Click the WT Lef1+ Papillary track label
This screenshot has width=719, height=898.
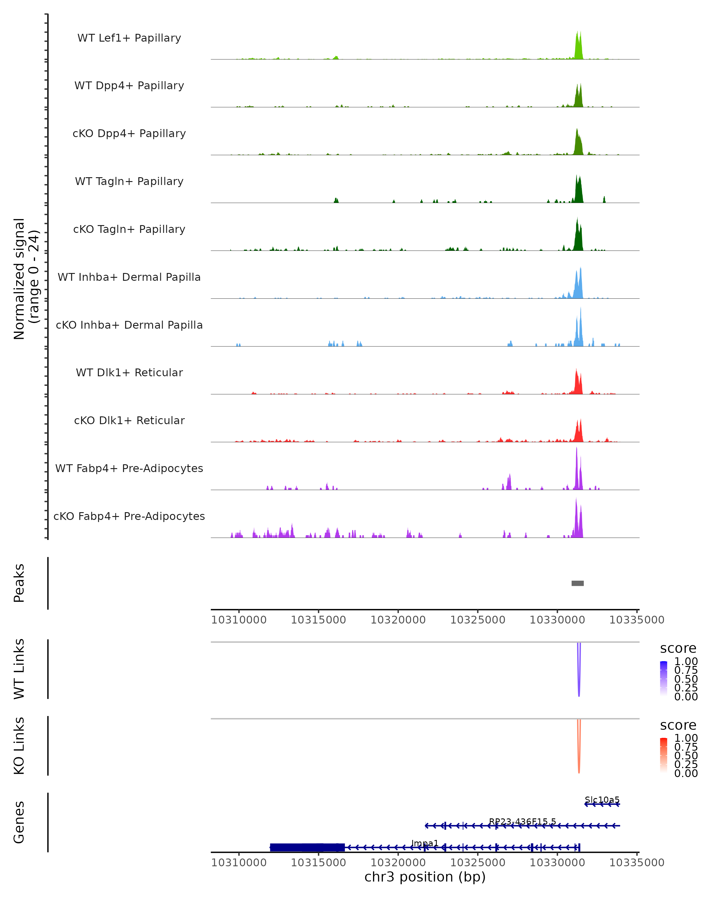point(129,38)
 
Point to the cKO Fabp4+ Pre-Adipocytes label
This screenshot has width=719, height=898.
point(129,516)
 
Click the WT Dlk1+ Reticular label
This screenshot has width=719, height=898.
point(129,372)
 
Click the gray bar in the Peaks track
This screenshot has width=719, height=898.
point(577,583)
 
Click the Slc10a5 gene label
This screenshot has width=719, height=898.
point(602,800)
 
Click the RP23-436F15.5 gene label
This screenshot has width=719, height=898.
point(522,822)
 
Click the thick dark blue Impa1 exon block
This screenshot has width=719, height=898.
point(307,847)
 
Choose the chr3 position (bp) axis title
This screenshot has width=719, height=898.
point(425,877)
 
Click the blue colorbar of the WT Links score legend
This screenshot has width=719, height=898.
point(664,678)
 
